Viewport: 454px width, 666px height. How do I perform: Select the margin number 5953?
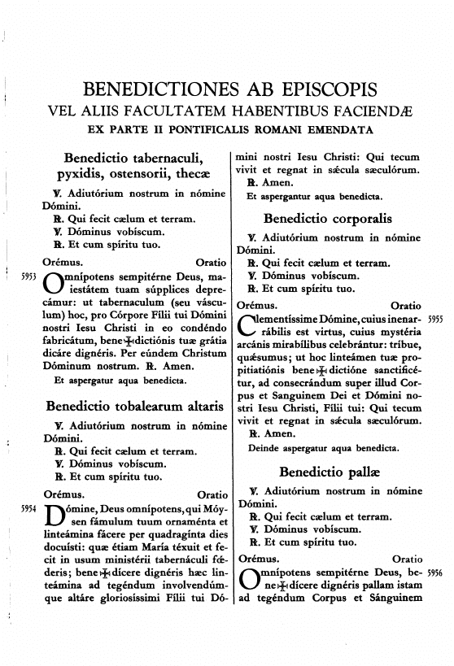pos(28,277)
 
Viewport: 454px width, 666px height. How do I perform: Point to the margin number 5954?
pos(28,507)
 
